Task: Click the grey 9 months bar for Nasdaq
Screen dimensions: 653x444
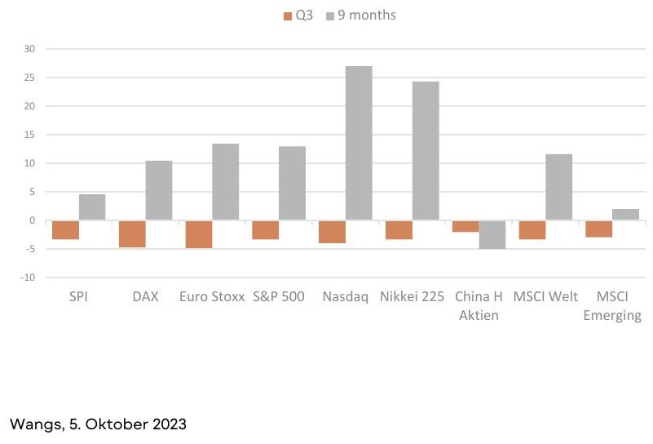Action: (x=359, y=143)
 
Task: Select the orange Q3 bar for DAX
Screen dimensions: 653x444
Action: (x=132, y=234)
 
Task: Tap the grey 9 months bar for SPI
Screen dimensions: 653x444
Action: (x=92, y=206)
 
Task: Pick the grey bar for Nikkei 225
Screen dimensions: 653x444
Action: (x=426, y=150)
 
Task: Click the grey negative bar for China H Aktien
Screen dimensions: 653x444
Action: (x=492, y=235)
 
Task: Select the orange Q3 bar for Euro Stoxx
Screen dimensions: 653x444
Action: (x=199, y=234)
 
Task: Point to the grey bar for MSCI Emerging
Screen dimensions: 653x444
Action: (x=625, y=215)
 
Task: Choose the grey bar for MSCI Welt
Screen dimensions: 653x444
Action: (x=559, y=187)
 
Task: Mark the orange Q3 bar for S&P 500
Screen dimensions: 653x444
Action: (x=266, y=230)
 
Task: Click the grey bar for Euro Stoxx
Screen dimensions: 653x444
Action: (x=225, y=182)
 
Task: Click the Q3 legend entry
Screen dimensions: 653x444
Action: (x=298, y=16)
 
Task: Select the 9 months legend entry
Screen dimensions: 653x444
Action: (x=361, y=16)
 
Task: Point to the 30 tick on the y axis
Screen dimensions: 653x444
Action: (x=29, y=49)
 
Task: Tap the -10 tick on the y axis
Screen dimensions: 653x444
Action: (x=28, y=277)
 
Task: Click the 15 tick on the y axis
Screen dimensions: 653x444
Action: (x=29, y=135)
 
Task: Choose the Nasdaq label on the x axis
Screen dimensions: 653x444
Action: (x=346, y=297)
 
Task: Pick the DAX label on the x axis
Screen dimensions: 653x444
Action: (x=145, y=296)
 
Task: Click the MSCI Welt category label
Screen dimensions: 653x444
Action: (x=545, y=296)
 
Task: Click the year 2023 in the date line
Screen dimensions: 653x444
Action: (x=170, y=424)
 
